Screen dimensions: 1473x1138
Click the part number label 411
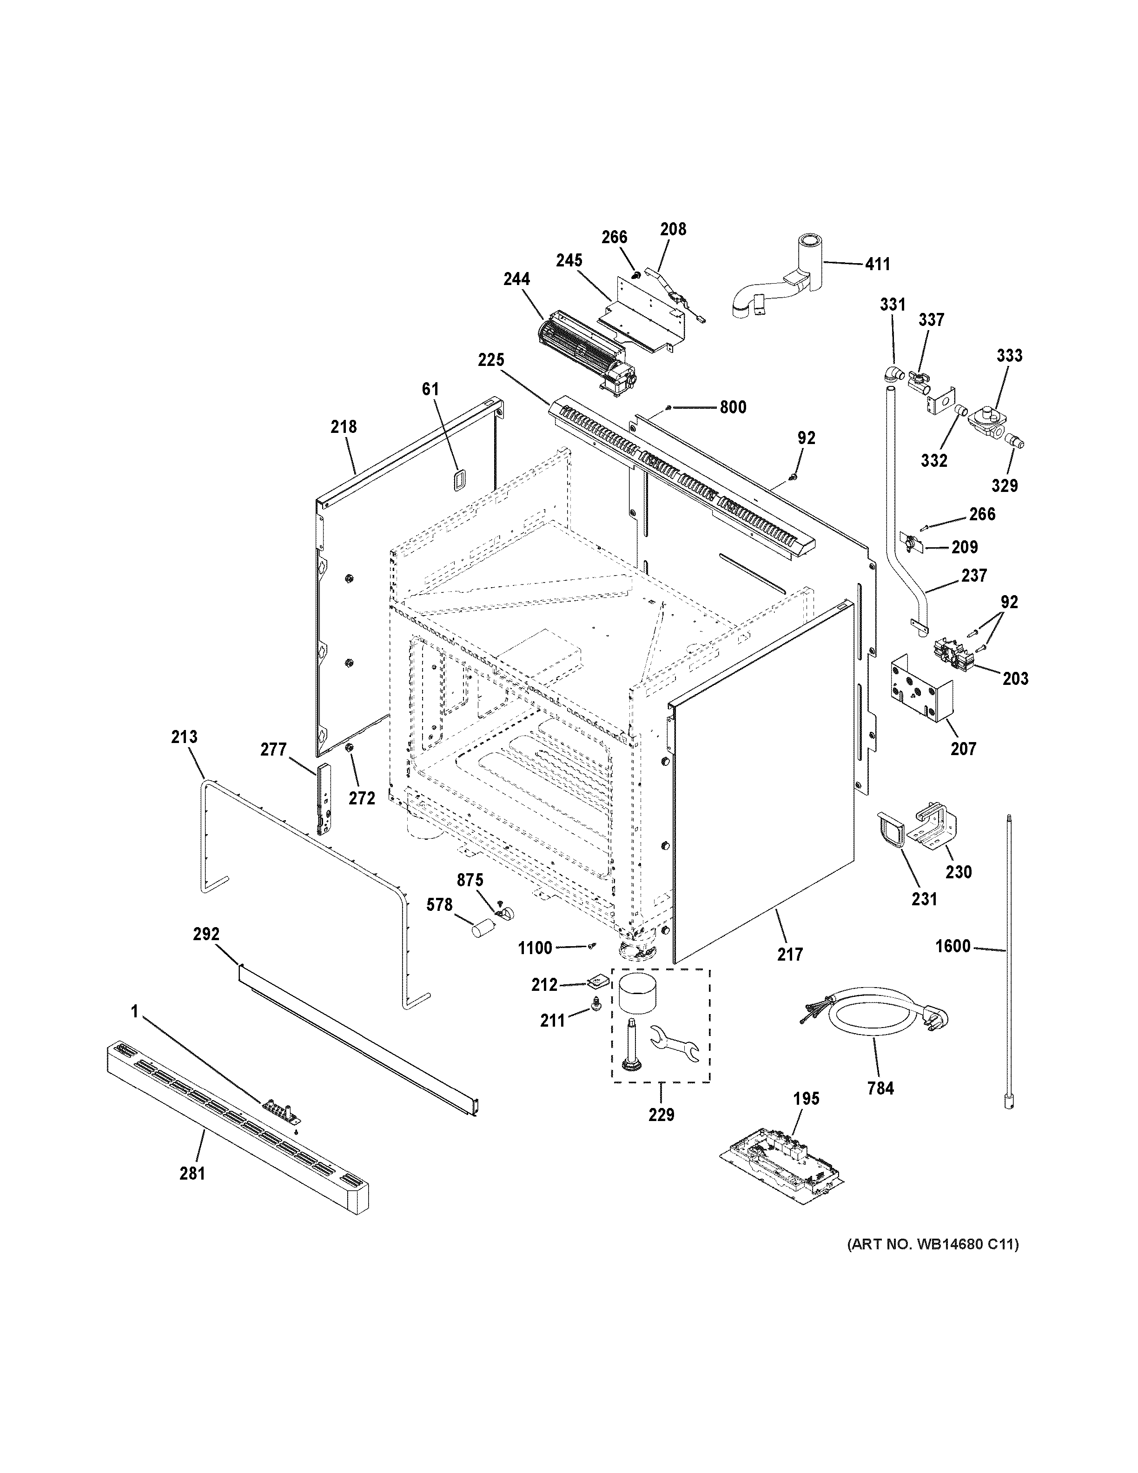pyautogui.click(x=877, y=265)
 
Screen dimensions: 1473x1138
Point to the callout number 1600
pyautogui.click(x=953, y=946)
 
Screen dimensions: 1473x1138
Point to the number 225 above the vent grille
pyautogui.click(x=491, y=360)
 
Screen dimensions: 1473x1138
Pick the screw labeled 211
pyautogui.click(x=595, y=1024)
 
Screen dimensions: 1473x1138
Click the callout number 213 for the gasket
pyautogui.click(x=184, y=736)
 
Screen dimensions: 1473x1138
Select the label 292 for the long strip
pyautogui.click(x=206, y=934)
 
